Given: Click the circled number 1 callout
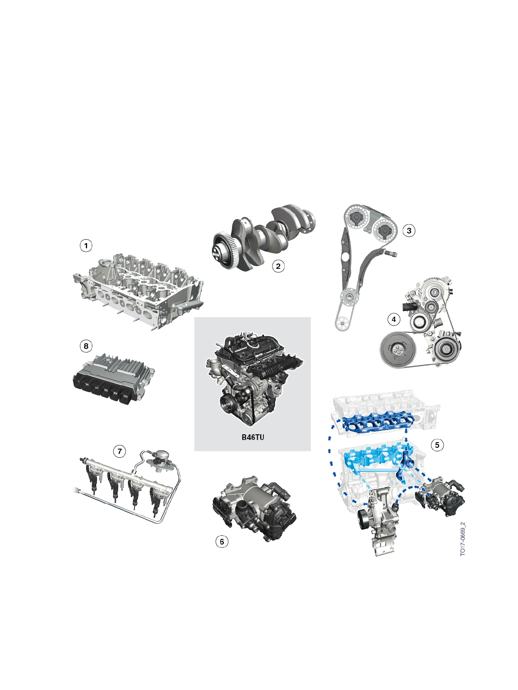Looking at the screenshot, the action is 86,246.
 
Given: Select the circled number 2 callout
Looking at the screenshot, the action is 278,266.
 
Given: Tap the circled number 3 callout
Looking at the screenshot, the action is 409,230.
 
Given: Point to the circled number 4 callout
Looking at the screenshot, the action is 394,320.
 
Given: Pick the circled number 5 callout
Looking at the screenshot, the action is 437,445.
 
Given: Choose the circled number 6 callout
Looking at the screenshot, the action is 222,541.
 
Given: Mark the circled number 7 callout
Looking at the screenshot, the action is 119,451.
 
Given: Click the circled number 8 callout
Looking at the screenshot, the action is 86,346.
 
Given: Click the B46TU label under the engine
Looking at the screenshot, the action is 252,437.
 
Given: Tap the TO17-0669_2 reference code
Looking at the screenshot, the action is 462,539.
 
